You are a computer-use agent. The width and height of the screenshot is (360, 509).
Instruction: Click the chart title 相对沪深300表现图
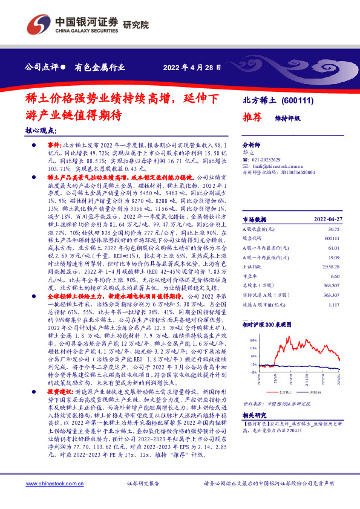(x=267, y=325)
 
